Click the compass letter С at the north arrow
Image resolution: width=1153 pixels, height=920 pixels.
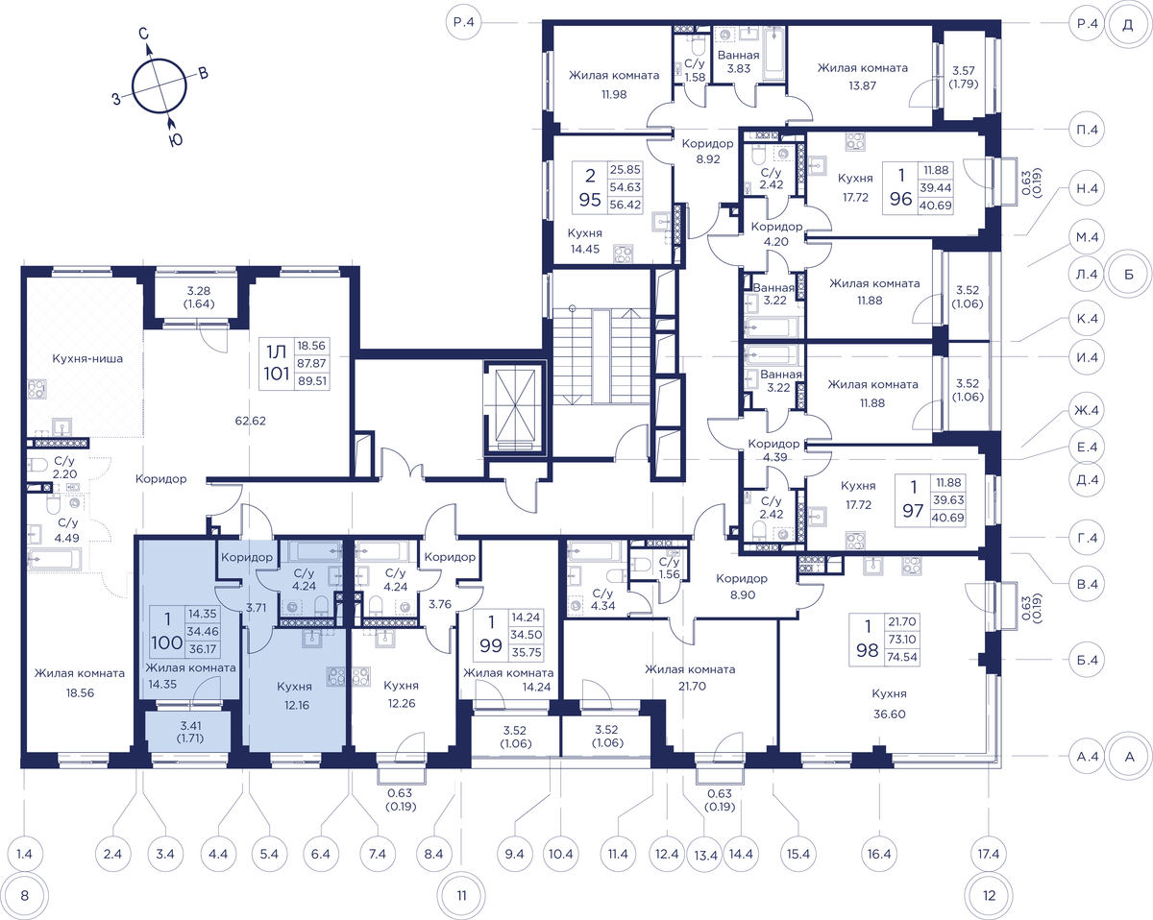coord(143,34)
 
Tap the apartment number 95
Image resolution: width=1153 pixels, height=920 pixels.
coord(590,200)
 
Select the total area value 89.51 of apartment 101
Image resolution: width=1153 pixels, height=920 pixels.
coord(313,381)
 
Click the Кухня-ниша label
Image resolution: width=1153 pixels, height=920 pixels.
coord(87,358)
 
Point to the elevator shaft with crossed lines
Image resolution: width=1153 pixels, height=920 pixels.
coord(515,408)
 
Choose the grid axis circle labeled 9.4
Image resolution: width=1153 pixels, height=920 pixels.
coord(514,854)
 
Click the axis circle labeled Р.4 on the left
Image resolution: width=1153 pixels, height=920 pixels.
coord(464,22)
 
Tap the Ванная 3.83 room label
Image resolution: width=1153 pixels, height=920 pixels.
coord(738,61)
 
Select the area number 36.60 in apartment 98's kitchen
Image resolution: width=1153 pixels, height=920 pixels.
coord(889,714)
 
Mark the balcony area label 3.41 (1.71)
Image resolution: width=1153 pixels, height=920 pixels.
coord(191,732)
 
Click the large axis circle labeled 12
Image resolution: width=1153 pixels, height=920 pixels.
coord(989,895)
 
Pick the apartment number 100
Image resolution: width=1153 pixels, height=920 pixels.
coord(167,642)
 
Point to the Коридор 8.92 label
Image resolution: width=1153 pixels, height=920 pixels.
coord(707,151)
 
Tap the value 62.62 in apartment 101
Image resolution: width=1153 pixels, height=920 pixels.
coord(250,421)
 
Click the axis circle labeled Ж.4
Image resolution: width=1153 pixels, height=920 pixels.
coord(1087,410)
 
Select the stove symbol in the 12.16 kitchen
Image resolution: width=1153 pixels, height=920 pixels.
coord(336,676)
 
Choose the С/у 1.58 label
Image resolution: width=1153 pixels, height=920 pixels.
coord(695,70)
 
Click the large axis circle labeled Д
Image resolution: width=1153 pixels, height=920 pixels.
coord(1128,25)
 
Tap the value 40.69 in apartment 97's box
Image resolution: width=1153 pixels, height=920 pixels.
coord(947,518)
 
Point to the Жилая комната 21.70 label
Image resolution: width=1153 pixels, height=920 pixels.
coord(690,677)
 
